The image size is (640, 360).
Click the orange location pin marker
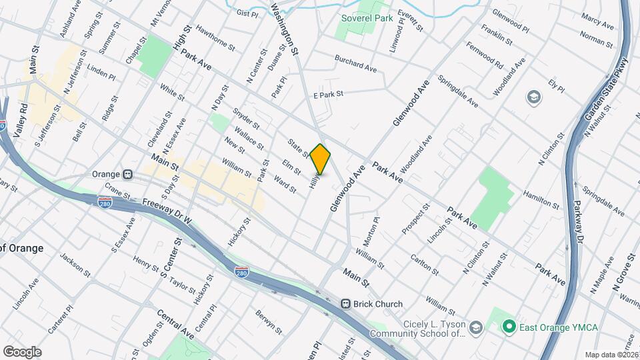(x=321, y=159)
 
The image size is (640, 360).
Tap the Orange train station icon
(x=127, y=174)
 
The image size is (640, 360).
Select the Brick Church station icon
(x=346, y=304)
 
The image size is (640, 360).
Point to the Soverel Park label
(x=367, y=19)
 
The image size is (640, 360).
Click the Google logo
(x=22, y=352)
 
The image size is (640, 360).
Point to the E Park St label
(x=327, y=95)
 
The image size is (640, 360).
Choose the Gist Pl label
(x=247, y=13)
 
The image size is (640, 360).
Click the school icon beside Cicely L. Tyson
(x=475, y=328)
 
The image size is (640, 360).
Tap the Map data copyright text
(x=611, y=355)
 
